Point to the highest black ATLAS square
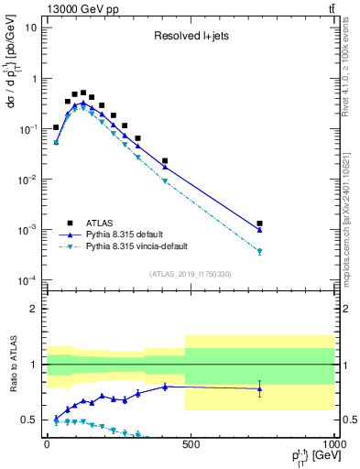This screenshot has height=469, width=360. (x=83, y=93)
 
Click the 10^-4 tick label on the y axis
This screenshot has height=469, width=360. (x=27, y=280)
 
